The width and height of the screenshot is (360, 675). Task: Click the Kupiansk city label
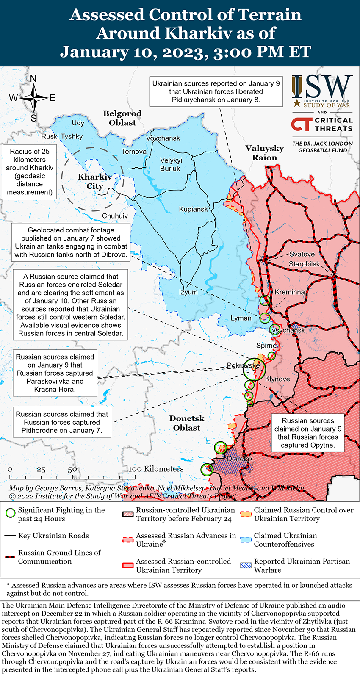193,209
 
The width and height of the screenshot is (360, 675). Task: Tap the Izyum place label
188,292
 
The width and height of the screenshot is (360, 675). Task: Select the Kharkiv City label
95,182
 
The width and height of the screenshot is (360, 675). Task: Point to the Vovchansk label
163,138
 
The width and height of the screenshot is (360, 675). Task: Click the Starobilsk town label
305,264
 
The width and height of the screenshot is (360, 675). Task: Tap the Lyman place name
241,318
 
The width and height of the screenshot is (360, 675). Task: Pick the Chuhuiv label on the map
115,216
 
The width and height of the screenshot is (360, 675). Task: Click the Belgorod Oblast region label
122,118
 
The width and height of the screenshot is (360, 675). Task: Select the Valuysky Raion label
265,153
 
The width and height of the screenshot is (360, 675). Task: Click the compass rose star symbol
33,98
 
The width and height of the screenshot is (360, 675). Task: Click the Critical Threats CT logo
302,124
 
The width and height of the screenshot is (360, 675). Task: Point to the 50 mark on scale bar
72,469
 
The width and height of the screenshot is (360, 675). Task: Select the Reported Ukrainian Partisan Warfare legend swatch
246,565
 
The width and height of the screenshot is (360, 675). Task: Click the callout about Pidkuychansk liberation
216,91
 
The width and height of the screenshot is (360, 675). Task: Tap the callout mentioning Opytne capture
308,433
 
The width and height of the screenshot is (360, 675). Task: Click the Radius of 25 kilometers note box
30,172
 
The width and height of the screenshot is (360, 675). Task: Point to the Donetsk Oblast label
187,423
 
